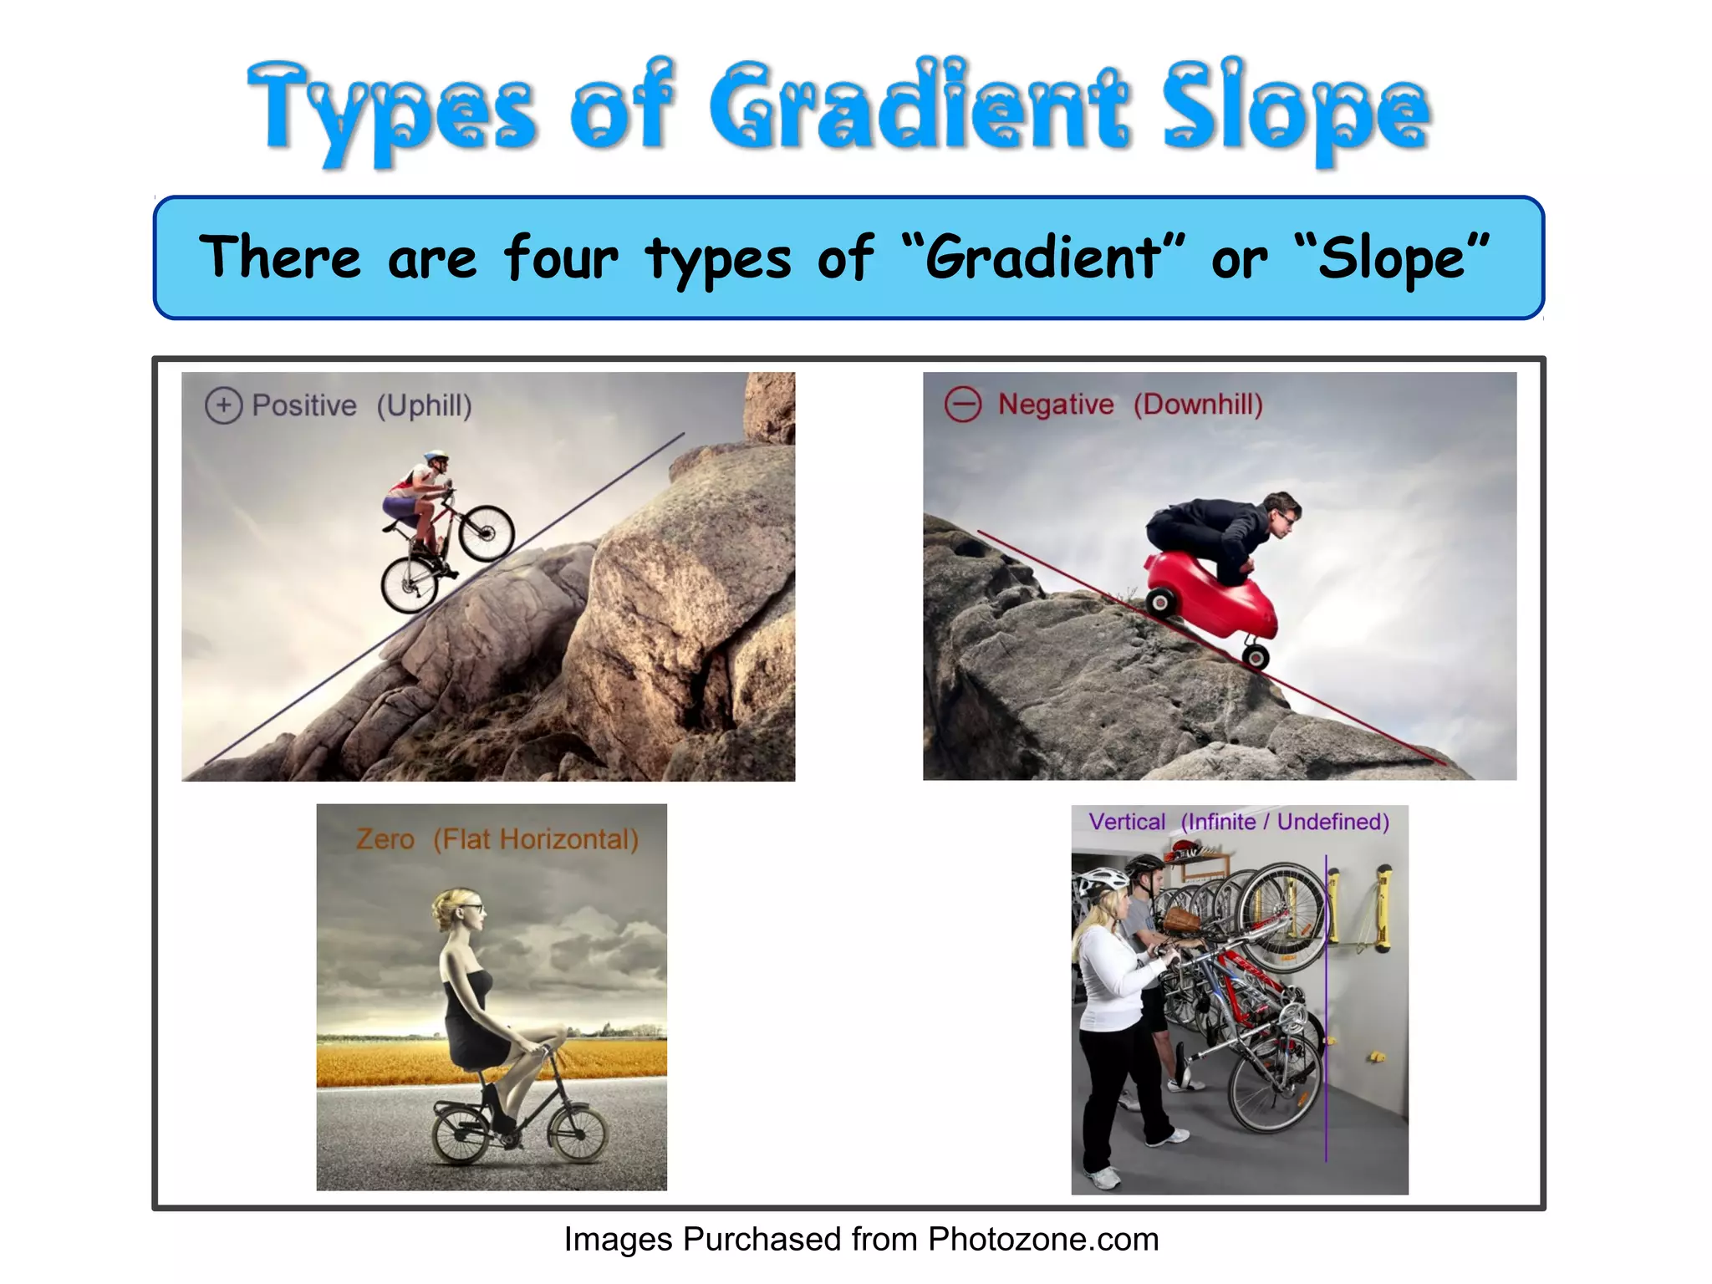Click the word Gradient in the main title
point(920,107)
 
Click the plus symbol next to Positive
point(223,406)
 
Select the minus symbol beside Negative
point(962,405)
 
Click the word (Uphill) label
point(424,406)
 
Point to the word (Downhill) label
point(1197,405)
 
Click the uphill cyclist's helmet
point(436,457)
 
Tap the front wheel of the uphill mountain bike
point(487,533)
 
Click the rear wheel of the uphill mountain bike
point(410,584)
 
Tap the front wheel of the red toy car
point(1255,657)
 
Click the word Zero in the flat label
point(385,838)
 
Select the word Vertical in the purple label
point(1126,822)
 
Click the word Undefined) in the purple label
point(1332,822)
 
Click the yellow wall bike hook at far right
point(1383,907)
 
